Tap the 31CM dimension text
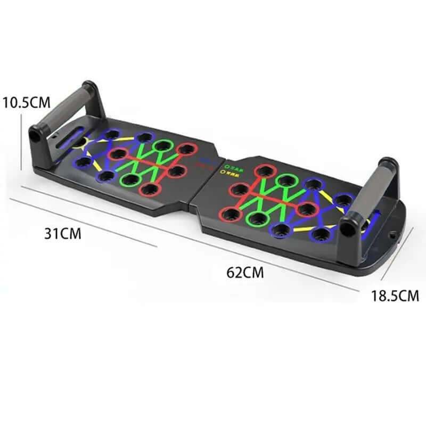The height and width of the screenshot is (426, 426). tap(63, 233)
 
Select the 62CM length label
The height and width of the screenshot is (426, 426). tap(245, 273)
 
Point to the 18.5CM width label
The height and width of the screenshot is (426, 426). tap(395, 296)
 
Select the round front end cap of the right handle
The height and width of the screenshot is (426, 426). tap(347, 229)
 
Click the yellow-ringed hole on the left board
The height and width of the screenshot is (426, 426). tap(80, 142)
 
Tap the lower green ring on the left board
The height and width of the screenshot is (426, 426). tap(129, 179)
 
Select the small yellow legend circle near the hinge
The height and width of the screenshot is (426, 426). tap(220, 173)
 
